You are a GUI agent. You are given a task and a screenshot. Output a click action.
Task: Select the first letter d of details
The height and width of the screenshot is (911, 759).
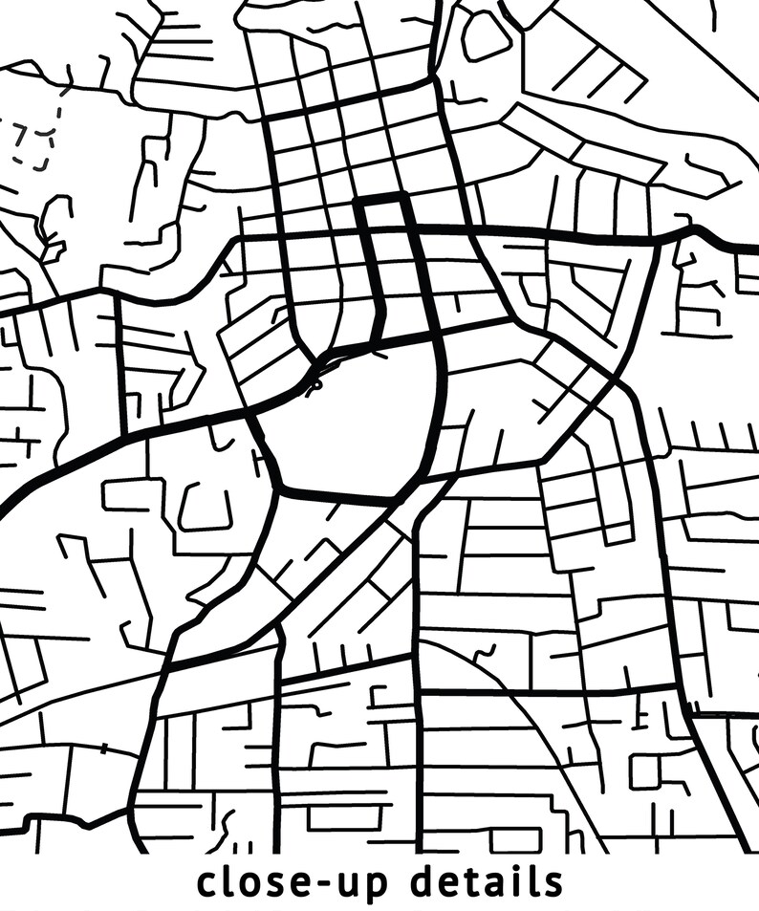(424, 880)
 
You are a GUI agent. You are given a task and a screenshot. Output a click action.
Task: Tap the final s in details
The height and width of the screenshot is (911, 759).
(553, 883)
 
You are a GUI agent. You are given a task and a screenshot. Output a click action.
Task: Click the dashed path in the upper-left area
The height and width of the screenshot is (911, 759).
(33, 143)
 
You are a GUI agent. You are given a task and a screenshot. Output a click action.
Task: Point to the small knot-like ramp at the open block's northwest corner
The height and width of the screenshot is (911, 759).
(314, 382)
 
